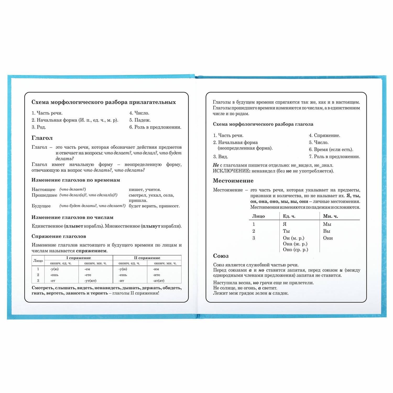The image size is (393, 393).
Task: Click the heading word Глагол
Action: pos(42,138)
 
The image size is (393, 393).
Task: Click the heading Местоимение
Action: pos(233,181)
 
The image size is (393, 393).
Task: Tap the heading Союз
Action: pos(221,256)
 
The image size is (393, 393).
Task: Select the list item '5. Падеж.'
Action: pos(140,120)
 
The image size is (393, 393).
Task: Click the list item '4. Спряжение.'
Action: pos(324,135)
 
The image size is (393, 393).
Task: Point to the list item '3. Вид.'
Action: pos(220,157)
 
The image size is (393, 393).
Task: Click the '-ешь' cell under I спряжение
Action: pos(54,275)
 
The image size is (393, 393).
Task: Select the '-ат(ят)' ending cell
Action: pos(159,281)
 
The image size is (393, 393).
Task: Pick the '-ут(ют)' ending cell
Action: pos(90,281)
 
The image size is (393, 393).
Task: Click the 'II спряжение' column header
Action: pos(147,258)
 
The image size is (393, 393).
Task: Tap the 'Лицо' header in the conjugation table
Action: pos(38,261)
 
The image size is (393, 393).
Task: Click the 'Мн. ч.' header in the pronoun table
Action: pos(330,216)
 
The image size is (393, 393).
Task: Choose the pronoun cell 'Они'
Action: pos(328,238)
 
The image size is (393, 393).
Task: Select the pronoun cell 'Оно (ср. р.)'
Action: pos(295,249)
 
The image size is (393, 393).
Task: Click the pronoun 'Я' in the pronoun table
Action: pos(285,224)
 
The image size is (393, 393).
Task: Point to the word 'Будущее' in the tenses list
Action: pos(41,206)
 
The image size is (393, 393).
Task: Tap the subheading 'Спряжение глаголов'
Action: pos(59,236)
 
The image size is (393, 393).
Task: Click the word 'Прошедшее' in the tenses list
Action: pos(44,195)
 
